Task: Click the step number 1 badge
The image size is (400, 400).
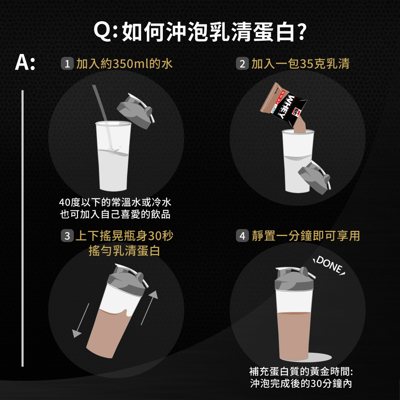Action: [x=67, y=64]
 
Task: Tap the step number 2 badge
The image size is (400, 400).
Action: [x=242, y=64]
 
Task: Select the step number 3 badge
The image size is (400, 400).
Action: [x=67, y=236]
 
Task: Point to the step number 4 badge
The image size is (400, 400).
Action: [x=242, y=236]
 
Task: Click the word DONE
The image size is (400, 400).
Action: [x=329, y=265]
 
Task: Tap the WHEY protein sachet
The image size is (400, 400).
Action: [x=283, y=104]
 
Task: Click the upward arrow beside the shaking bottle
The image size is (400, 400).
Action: [x=150, y=307]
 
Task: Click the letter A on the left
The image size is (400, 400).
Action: [x=22, y=62]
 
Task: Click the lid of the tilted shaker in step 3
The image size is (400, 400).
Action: [x=127, y=278]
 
